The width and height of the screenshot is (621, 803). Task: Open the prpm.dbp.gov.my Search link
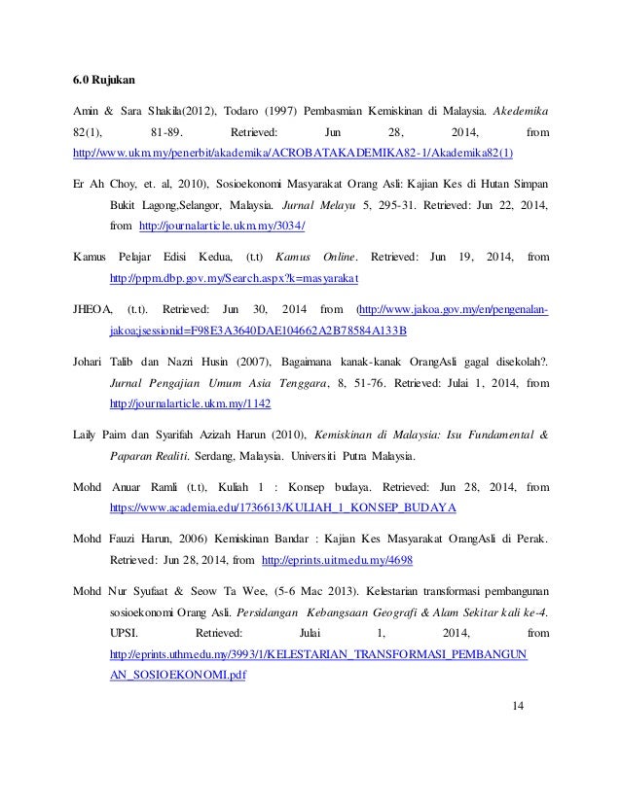coord(234,280)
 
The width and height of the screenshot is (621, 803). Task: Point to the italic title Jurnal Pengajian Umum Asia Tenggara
coord(225,381)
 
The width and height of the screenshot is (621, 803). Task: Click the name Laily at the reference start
coord(90,434)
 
